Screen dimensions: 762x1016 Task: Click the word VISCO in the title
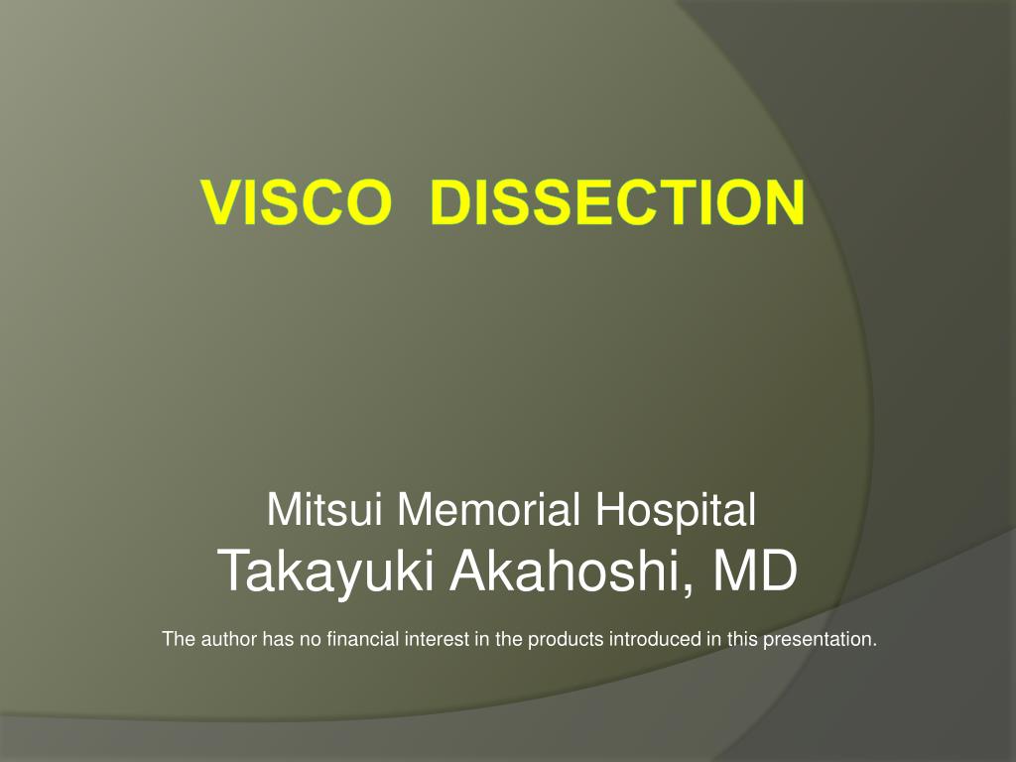click(x=293, y=203)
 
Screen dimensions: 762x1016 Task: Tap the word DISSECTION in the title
click(x=617, y=203)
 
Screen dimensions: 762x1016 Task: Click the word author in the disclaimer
click(x=228, y=639)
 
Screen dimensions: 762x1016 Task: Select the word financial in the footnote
click(x=362, y=639)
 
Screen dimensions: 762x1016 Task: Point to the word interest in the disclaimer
click(x=437, y=639)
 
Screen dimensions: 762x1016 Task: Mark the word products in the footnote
click(x=566, y=640)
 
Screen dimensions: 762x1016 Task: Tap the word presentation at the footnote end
click(x=820, y=640)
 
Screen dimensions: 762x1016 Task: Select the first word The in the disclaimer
click(x=179, y=639)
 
